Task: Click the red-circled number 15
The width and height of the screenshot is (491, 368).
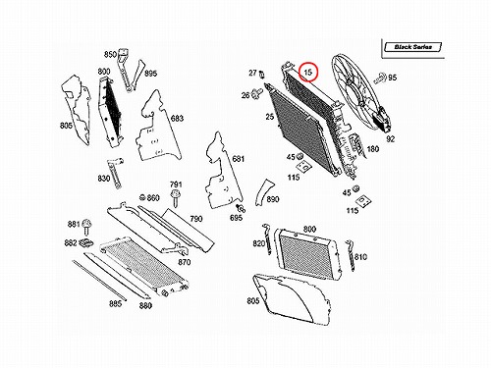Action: [x=308, y=72]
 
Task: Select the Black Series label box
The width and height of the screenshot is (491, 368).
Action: [x=413, y=47]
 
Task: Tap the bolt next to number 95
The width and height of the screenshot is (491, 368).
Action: [x=381, y=78]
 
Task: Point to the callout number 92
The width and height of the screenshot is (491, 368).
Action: [x=391, y=139]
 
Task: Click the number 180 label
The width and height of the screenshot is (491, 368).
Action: [x=373, y=149]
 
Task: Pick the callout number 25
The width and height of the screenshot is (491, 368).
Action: [x=270, y=117]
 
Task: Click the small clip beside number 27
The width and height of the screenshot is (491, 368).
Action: [x=261, y=75]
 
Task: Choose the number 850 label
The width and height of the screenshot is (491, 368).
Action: [x=110, y=54]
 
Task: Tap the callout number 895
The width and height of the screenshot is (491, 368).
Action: [x=150, y=74]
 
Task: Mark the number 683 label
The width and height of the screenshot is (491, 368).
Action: [x=177, y=118]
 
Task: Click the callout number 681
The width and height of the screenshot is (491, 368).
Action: [x=238, y=159]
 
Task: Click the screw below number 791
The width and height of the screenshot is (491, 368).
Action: [x=176, y=197]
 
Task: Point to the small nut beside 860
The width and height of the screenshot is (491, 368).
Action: [x=142, y=197]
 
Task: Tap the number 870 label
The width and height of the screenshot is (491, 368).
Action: [x=185, y=262]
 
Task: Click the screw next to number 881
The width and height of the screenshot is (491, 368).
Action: [x=86, y=227]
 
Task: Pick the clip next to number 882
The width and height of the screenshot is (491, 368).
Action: [x=86, y=243]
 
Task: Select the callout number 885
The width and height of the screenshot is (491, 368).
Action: [x=115, y=304]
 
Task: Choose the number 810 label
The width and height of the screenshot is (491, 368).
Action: [x=360, y=257]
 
